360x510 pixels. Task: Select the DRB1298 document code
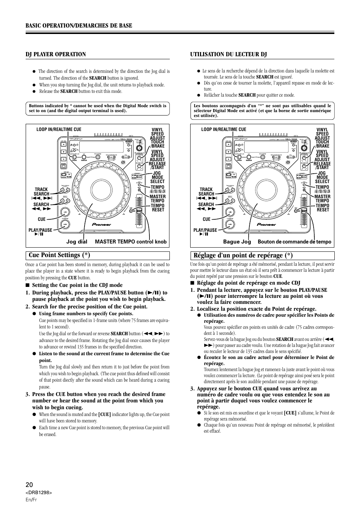pyautogui.click(x=38, y=493)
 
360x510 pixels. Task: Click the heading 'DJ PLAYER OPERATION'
pyautogui.click(x=56, y=54)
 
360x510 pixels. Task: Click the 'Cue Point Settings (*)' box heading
pyautogui.click(x=59, y=255)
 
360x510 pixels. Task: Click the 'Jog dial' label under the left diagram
pyautogui.click(x=77, y=242)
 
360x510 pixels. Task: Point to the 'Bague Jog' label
pyautogui.click(x=237, y=242)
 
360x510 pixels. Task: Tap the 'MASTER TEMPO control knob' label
pyautogui.click(x=131, y=242)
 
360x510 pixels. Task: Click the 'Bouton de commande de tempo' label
pyautogui.click(x=294, y=242)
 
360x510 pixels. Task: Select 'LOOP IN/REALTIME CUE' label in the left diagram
pyautogui.click(x=59, y=129)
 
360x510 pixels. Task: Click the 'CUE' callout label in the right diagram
pyautogui.click(x=206, y=219)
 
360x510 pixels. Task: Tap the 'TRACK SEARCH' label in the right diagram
pyautogui.click(x=206, y=192)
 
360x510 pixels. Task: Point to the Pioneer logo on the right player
pyautogui.click(x=267, y=224)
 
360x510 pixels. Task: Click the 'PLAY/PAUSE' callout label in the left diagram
pyautogui.click(x=40, y=230)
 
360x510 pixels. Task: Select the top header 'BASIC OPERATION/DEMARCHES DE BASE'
pyautogui.click(x=79, y=25)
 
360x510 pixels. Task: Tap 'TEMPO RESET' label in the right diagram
pyautogui.click(x=323, y=208)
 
